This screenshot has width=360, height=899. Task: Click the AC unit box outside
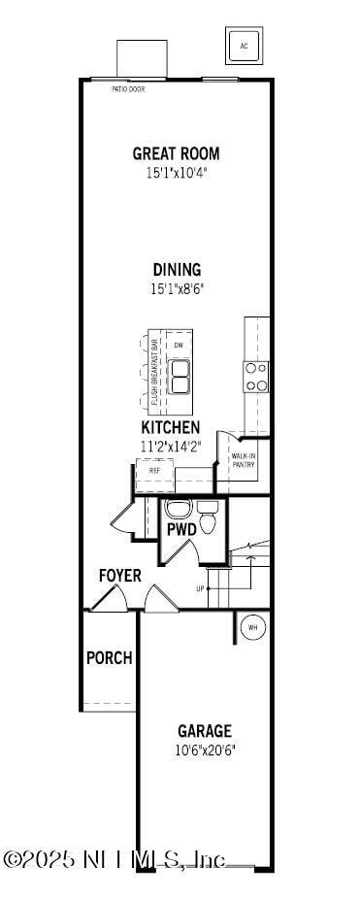point(244,45)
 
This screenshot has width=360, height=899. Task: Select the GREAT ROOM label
point(176,153)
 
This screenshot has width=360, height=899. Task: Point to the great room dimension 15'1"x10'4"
point(176,173)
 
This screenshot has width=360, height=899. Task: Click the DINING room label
point(176,270)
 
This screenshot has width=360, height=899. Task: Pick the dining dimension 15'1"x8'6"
point(176,288)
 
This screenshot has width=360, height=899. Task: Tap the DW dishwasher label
point(179,346)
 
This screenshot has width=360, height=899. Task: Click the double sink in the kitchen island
point(180,376)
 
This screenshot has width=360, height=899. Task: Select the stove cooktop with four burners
point(255,377)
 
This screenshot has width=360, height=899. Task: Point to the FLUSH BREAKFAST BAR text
point(153,372)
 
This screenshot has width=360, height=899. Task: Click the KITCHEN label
point(171,427)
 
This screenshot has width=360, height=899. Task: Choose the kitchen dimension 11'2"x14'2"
point(171,447)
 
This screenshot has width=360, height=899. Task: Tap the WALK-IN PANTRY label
point(244,459)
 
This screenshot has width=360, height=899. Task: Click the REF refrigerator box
point(154,470)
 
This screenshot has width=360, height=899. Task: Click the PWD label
point(181,530)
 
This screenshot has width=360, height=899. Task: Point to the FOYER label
point(119,576)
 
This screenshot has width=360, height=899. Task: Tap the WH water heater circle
point(252,626)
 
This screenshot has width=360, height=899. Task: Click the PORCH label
point(109,657)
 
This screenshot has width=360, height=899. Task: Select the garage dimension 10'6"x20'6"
point(205,749)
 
